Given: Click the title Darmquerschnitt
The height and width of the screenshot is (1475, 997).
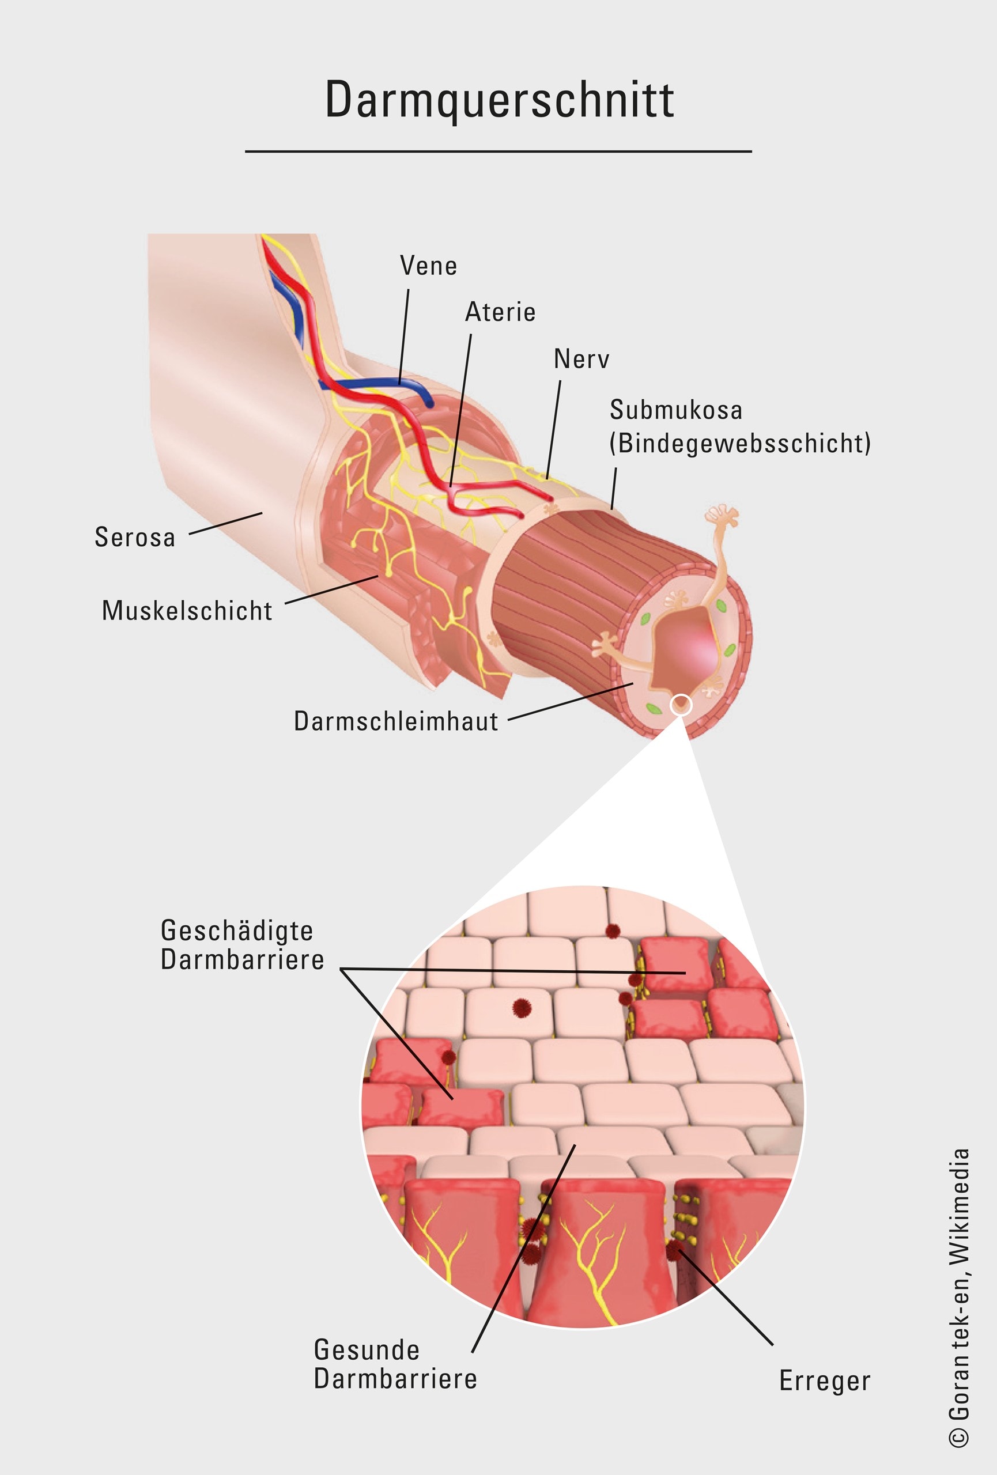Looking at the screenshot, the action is pos(500,100).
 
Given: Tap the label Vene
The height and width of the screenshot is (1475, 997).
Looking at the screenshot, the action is pos(428,266).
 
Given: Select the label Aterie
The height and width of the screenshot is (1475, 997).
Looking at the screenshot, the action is pos(501,312).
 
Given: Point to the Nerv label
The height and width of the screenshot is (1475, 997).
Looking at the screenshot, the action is pos(581,359).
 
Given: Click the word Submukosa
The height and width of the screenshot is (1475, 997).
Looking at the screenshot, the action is pos(676,410).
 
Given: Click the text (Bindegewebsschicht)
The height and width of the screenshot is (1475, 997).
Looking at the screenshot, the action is pos(740,444).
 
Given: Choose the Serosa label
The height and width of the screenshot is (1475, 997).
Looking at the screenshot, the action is pos(134,538).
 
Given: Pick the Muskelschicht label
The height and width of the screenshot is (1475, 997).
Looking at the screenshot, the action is pos(187,611).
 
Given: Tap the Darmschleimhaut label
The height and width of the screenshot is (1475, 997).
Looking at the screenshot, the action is pos(396,721).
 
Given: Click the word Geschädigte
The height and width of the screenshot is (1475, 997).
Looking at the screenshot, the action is pos(237,931).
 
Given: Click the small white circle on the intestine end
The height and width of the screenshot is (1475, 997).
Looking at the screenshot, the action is pos(681,705).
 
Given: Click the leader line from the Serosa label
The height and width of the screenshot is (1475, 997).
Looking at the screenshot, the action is pos(225,524).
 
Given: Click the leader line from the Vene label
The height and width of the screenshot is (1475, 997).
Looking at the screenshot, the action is pos(403,336).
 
